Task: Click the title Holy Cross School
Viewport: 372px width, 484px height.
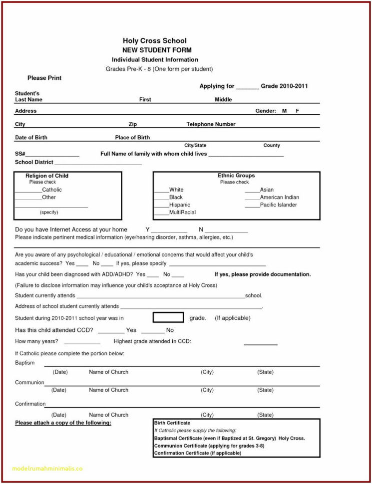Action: tap(155, 40)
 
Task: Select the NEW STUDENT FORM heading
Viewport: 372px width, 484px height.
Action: tap(157, 50)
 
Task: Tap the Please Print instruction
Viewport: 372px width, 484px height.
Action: tap(44, 78)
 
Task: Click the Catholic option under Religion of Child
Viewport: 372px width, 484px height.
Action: tap(52, 190)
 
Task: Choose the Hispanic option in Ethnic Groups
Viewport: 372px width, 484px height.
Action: tap(179, 205)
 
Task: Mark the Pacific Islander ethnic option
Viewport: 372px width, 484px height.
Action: tap(278, 205)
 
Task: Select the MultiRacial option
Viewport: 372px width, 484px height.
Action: tap(182, 212)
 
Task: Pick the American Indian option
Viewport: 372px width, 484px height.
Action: tap(279, 197)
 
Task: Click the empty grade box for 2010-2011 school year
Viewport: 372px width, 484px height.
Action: tap(168, 318)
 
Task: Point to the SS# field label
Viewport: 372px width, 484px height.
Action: tap(20, 154)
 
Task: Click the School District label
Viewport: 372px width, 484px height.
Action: tap(34, 162)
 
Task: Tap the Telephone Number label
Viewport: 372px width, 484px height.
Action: tap(211, 124)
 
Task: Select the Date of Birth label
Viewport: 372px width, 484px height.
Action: tap(31, 137)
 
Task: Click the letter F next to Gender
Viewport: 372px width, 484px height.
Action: tap(297, 111)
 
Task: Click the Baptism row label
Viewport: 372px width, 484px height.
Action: tap(25, 363)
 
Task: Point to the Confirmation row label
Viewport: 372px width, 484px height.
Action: tap(30, 404)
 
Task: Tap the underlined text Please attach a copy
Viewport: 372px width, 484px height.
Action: tap(63, 423)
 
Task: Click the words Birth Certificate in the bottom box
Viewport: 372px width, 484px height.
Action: tap(172, 423)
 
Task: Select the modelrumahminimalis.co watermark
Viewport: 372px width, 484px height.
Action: tap(47, 469)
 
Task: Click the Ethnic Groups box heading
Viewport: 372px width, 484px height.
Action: tap(236, 176)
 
